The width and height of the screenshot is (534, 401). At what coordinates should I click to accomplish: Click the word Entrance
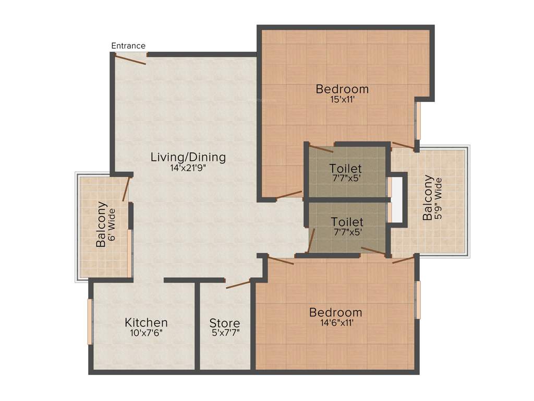[128, 46]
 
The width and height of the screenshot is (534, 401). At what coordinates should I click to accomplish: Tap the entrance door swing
[130, 59]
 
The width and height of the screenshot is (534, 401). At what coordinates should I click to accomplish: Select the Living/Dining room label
[188, 157]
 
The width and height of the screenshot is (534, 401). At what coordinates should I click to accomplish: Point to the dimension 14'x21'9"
[188, 168]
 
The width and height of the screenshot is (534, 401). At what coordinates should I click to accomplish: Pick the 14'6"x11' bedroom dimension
[335, 323]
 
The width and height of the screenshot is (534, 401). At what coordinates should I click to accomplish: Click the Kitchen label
[146, 322]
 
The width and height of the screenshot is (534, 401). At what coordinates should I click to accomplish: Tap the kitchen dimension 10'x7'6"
[146, 333]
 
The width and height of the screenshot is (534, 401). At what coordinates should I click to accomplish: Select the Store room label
[225, 323]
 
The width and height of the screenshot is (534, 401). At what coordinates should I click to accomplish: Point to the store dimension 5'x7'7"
[225, 333]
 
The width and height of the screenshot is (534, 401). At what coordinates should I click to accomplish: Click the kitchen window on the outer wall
[90, 321]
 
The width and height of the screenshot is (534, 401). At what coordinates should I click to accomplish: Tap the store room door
[238, 285]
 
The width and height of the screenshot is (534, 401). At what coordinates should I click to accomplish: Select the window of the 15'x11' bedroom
[417, 120]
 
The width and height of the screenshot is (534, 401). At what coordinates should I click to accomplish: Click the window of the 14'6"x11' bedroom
[417, 300]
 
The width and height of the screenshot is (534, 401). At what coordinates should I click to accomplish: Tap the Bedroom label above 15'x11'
[342, 89]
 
